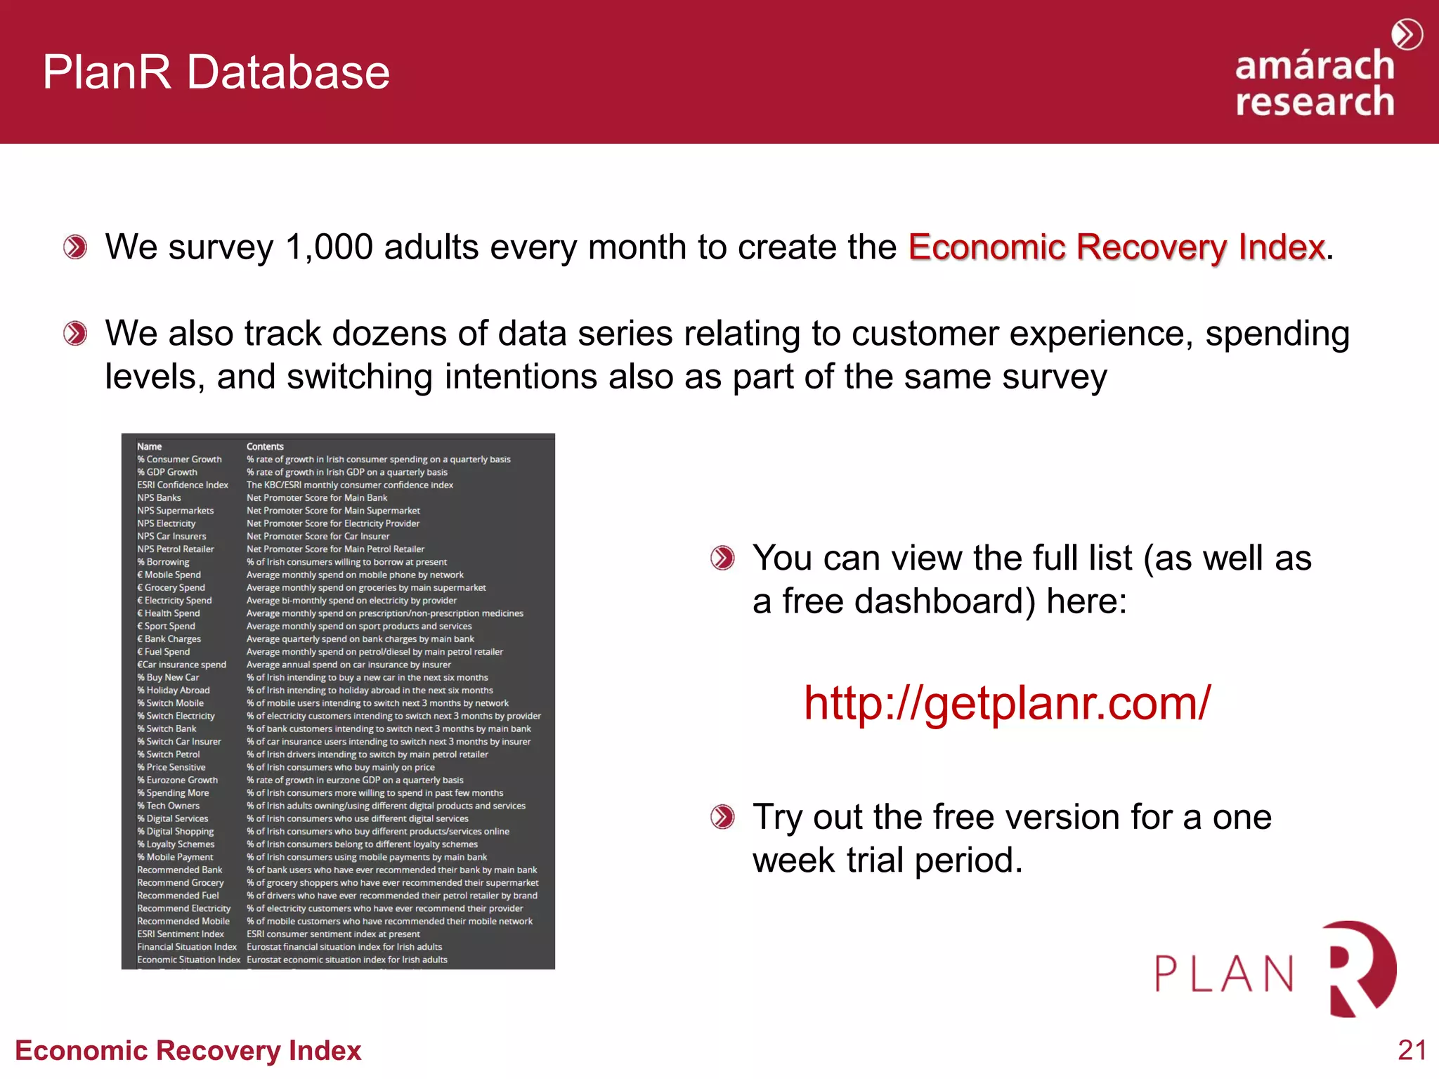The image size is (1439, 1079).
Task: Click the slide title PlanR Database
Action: coord(216,72)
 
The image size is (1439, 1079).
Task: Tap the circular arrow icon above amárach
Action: coord(1407,34)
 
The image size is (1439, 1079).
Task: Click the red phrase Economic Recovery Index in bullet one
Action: coord(1116,247)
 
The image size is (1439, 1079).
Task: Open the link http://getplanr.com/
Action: coord(1007,702)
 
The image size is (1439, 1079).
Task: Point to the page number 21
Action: coord(1412,1050)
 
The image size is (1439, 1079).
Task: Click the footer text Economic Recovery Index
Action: coord(188,1051)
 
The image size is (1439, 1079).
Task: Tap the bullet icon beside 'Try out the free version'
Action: coord(722,817)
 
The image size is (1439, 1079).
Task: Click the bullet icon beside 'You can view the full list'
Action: coord(722,558)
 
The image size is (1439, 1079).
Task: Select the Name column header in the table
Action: coord(149,447)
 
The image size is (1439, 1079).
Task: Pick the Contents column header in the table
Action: coord(265,447)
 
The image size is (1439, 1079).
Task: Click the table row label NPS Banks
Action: coord(159,498)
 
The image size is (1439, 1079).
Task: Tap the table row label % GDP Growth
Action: coord(167,472)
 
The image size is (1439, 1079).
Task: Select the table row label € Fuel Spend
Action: coord(164,652)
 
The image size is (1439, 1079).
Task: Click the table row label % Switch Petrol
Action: coord(169,754)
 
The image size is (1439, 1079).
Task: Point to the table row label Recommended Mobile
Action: coord(183,922)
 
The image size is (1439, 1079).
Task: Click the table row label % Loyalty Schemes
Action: coord(176,844)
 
